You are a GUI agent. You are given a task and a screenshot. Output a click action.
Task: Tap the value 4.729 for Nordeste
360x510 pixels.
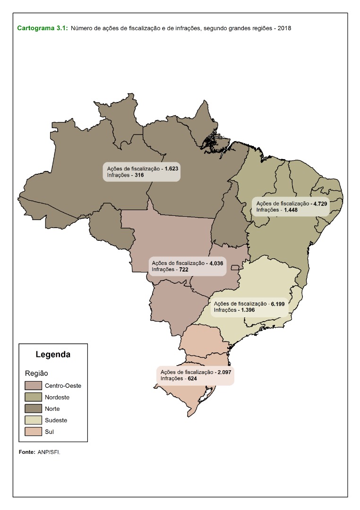point(320,203)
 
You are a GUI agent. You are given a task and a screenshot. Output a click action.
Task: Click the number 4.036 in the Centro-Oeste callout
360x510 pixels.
point(215,263)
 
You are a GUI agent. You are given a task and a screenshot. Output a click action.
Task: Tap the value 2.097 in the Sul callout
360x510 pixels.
point(224,373)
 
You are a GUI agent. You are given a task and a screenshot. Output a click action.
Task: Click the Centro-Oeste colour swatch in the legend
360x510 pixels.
point(34,386)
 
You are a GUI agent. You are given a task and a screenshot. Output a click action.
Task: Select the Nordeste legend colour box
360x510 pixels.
point(34,397)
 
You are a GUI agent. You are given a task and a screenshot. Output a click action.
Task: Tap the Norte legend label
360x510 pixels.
point(52,409)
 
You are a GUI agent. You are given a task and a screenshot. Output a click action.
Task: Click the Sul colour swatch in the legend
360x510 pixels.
point(34,432)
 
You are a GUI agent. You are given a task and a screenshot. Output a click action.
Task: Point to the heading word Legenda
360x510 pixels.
point(53,354)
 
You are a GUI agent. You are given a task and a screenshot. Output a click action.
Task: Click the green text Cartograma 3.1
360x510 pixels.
point(43,28)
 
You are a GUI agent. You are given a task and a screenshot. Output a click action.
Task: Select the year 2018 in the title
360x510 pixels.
point(284,28)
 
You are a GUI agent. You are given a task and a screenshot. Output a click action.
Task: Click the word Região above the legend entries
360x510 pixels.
point(36,373)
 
